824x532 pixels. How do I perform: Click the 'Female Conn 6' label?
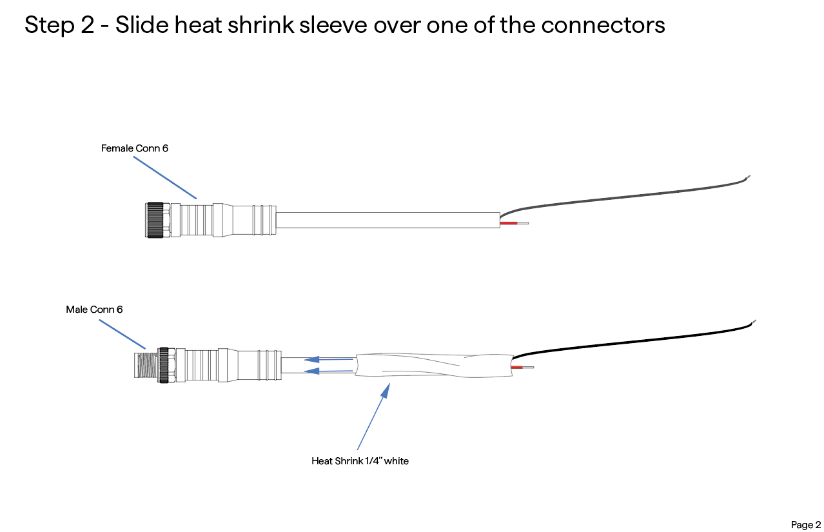135,148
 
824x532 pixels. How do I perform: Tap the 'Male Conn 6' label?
94,310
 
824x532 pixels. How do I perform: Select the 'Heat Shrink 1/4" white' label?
360,461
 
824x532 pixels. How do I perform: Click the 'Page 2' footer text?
806,525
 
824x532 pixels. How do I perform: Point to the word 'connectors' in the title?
603,25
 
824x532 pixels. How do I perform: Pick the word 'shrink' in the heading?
261,25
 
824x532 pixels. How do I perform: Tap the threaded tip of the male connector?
146,366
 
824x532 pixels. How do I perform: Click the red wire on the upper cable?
509,223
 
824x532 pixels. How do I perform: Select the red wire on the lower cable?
517,367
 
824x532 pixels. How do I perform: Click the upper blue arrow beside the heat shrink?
328,359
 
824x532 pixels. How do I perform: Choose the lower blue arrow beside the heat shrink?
328,371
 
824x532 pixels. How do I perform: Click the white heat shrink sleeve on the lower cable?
434,366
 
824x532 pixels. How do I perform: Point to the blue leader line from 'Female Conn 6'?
165,178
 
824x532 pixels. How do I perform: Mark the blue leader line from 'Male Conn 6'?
122,334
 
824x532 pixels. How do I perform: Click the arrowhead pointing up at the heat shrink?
386,391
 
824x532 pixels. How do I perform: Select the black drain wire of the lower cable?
633,340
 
